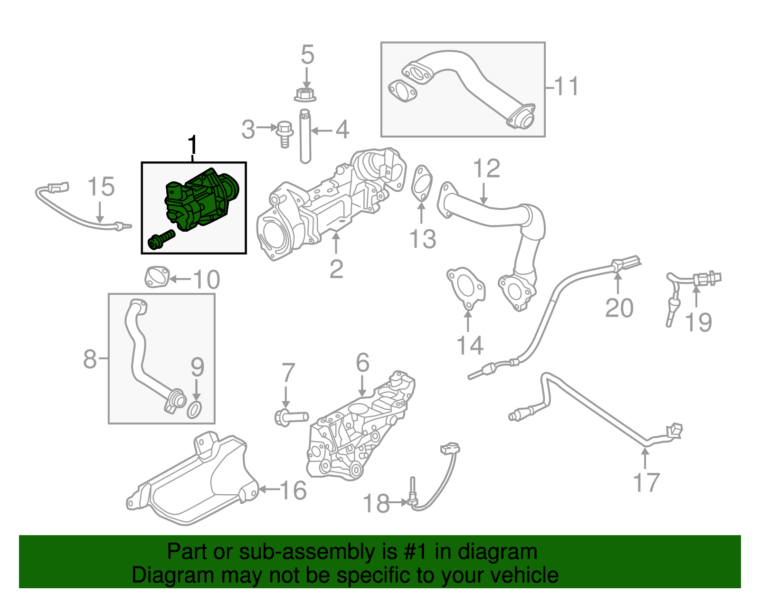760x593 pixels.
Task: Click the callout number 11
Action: click(x=566, y=86)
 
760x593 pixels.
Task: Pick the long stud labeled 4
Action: click(x=305, y=138)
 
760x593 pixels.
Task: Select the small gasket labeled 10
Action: click(x=157, y=277)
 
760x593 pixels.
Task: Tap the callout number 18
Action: click(x=376, y=503)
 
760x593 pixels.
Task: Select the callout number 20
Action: click(x=619, y=308)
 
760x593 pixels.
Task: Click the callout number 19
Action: click(x=698, y=322)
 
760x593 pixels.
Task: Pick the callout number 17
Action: click(x=646, y=482)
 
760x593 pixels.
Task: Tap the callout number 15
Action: click(x=101, y=187)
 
